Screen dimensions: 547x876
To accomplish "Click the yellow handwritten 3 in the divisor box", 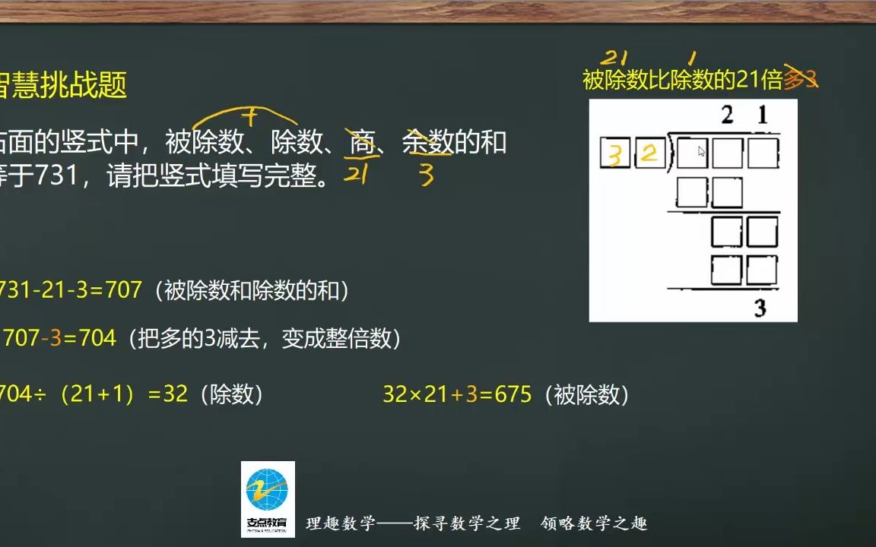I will click(615, 155).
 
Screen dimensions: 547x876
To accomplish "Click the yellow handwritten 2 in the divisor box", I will click(649, 154).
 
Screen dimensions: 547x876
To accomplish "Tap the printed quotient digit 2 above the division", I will click(728, 115).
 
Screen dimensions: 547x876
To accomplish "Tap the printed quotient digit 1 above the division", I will click(763, 115).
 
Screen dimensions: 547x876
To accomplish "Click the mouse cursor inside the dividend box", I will click(701, 151).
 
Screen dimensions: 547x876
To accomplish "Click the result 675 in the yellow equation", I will click(513, 395).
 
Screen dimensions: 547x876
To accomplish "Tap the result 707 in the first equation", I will click(123, 289).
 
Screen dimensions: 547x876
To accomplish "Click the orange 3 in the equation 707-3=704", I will click(54, 337).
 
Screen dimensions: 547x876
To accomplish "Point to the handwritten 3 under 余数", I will click(426, 176).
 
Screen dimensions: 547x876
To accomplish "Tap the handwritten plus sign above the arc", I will click(248, 115).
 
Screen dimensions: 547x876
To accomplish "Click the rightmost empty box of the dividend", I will click(762, 153).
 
